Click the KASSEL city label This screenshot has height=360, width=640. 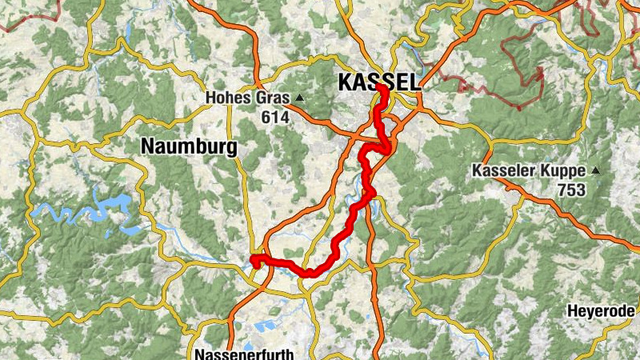coord(378,82)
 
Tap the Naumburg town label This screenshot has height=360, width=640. coord(189,146)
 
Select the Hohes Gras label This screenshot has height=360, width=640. coord(249,98)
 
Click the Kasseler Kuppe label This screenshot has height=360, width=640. coord(530,171)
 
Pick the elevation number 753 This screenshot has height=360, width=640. coord(573,190)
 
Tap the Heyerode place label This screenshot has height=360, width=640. coord(602,311)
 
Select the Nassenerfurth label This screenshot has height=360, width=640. coord(245,354)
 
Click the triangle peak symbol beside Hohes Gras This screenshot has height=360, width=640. coord(300,98)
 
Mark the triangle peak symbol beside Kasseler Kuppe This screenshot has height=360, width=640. coord(595,170)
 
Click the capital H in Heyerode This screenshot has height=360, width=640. coord(572,311)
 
